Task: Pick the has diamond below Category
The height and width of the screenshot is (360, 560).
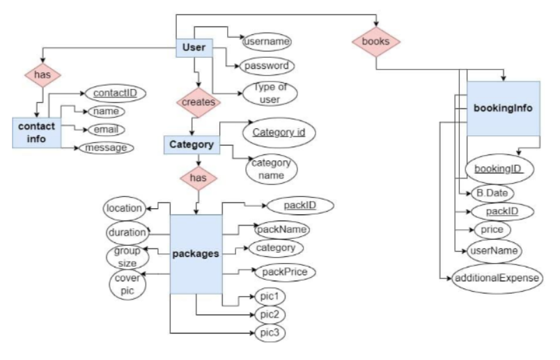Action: click(x=199, y=178)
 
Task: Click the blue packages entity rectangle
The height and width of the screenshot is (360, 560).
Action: click(x=196, y=254)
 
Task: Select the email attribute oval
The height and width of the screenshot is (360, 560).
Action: click(x=104, y=129)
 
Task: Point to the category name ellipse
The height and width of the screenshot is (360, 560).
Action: click(x=272, y=168)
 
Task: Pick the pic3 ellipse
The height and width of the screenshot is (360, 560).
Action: click(x=269, y=334)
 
